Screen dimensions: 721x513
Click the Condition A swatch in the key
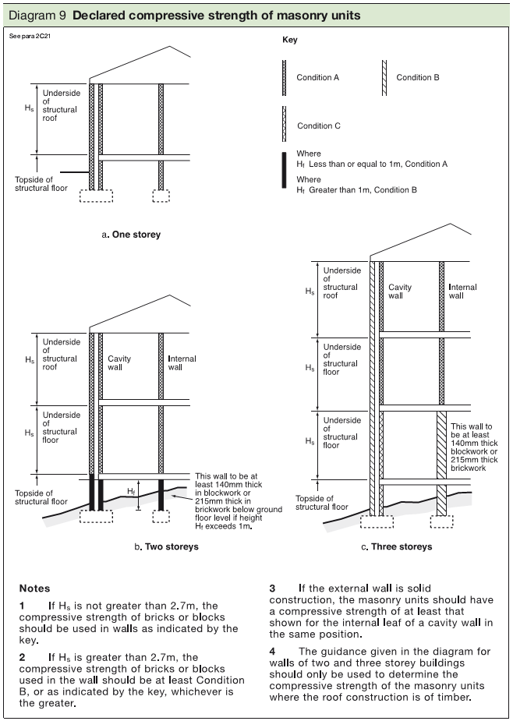click(x=285, y=78)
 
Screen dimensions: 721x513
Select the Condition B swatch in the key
click(x=384, y=78)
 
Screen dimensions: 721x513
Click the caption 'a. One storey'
click(x=131, y=235)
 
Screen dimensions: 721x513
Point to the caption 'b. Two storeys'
click(x=166, y=546)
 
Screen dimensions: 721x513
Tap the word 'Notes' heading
click(x=34, y=588)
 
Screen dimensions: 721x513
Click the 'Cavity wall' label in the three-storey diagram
click(x=400, y=292)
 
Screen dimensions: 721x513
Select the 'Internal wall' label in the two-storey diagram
click(x=182, y=362)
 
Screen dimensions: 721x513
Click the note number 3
click(x=273, y=588)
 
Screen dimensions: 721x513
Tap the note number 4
click(x=273, y=651)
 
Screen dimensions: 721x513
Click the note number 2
click(x=23, y=657)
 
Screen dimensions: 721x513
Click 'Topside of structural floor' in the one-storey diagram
click(x=41, y=184)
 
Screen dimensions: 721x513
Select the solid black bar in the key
click(x=285, y=171)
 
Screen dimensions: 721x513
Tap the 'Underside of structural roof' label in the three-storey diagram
click(x=341, y=283)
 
